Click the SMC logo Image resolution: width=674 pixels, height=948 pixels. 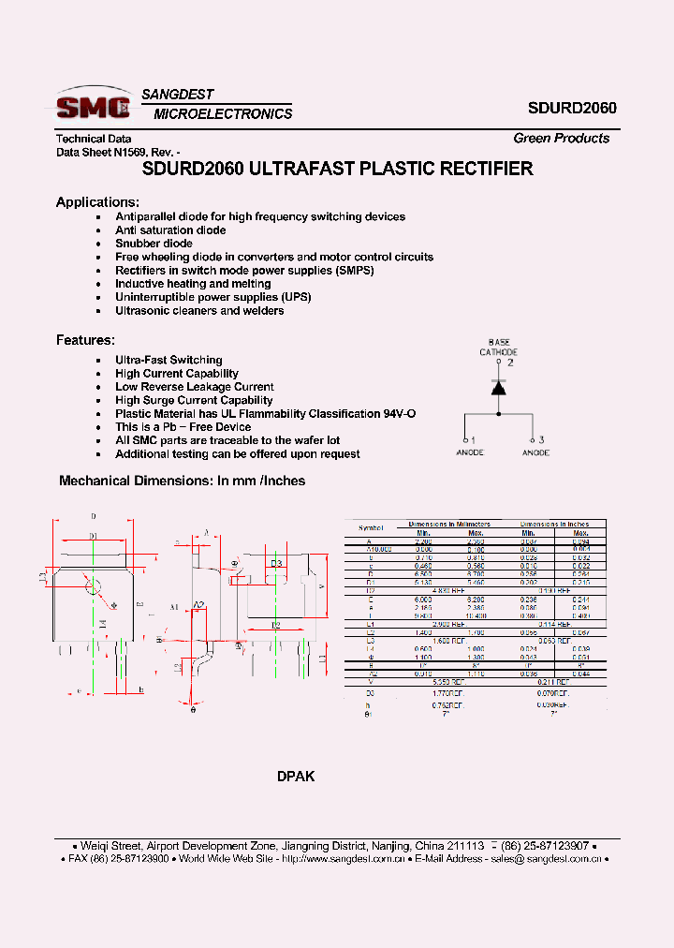(94, 104)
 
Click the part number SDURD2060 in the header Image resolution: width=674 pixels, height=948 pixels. (571, 108)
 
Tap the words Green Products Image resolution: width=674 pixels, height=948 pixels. (561, 138)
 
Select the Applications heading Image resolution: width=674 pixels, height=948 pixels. (97, 201)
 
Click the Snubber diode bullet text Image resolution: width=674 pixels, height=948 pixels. (154, 244)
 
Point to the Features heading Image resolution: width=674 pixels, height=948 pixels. (85, 340)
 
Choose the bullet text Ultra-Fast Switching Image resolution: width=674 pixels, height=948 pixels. (168, 360)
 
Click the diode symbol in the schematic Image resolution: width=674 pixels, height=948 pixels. (499, 387)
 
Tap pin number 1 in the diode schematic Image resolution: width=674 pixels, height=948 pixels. (472, 439)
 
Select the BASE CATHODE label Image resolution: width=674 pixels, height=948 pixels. (499, 348)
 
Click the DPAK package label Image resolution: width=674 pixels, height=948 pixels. (296, 777)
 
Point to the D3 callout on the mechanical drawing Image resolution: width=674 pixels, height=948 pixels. (276, 563)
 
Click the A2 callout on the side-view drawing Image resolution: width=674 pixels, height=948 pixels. (198, 604)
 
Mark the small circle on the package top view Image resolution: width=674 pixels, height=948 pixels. (94, 587)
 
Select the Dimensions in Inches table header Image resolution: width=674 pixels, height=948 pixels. (554, 524)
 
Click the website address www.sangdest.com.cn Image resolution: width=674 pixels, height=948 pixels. (345, 858)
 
